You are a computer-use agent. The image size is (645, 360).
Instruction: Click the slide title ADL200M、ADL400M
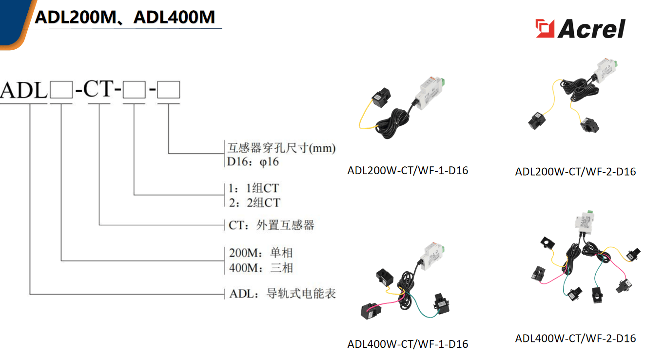(125, 18)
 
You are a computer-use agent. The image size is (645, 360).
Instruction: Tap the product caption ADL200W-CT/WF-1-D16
(408, 171)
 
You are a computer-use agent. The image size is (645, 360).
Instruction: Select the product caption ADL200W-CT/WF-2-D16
(575, 172)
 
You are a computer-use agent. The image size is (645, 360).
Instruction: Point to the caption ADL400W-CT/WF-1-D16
(408, 344)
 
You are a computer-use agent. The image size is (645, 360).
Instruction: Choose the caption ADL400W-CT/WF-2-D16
(575, 338)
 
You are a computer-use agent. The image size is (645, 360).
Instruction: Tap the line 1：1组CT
(254, 188)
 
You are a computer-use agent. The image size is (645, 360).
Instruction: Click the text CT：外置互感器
(272, 225)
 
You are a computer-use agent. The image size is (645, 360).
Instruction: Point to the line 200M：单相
(261, 253)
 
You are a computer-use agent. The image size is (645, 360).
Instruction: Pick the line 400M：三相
(261, 268)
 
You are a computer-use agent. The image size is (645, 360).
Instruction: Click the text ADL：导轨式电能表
(282, 294)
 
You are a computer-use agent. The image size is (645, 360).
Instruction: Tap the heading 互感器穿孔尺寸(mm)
(281, 147)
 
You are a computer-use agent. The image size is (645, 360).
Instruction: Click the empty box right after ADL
(61, 91)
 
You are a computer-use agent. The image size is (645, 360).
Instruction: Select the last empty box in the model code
(169, 91)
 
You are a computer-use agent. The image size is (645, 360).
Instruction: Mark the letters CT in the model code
(100, 89)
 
